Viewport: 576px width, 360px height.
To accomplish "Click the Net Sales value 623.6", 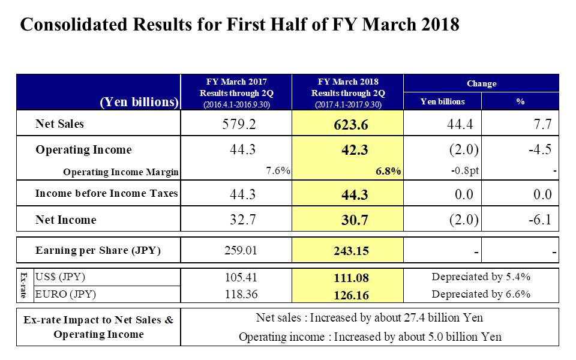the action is [351, 125].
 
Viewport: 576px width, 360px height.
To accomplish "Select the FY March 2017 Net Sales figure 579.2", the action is [239, 124].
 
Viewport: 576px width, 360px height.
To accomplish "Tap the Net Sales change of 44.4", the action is [460, 124].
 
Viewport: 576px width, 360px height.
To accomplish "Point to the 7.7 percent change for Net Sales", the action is [542, 124].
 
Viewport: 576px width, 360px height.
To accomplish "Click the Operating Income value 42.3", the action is [355, 150].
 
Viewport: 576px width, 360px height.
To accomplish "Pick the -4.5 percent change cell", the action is [540, 149].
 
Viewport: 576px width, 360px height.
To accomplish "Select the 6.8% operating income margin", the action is [388, 171].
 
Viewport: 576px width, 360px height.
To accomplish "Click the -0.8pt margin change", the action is [465, 171].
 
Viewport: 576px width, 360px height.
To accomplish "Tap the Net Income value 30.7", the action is [355, 220].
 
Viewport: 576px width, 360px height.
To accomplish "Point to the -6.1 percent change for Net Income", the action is [540, 220].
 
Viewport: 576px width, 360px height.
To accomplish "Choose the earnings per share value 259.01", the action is [241, 251].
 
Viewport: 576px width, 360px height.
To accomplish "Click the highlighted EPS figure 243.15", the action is [351, 251].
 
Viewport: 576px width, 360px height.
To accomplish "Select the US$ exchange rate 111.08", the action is [351, 278].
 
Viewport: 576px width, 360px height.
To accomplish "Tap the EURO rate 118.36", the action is [241, 294].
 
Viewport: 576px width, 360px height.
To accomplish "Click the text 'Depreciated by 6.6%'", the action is [481, 294].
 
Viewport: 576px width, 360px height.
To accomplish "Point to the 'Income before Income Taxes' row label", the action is [107, 193].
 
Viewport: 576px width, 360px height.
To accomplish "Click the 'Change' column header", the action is [481, 84].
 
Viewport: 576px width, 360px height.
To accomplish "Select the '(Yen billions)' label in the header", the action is [139, 102].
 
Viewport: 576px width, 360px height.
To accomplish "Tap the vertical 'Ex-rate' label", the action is [24, 285].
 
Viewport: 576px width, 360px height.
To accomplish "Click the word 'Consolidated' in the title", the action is [74, 24].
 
